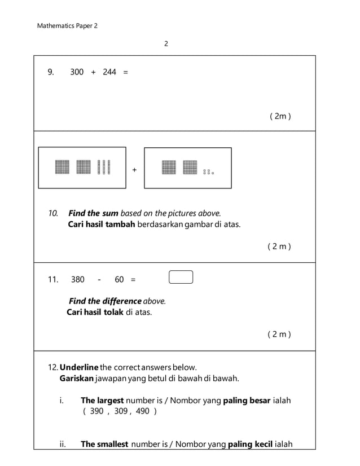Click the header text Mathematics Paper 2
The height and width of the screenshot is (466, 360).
click(x=67, y=26)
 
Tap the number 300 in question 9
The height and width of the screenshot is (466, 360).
click(x=77, y=72)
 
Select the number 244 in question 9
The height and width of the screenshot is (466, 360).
click(x=109, y=72)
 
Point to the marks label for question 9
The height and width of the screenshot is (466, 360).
click(x=280, y=117)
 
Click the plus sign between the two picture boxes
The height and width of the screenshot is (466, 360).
click(x=134, y=169)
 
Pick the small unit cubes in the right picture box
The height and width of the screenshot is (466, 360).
click(x=209, y=172)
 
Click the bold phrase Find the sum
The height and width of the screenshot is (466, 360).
click(x=93, y=213)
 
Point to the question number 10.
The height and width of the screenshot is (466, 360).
click(x=53, y=213)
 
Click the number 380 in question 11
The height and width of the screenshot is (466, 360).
click(x=78, y=279)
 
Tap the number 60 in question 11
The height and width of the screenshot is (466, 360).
click(x=119, y=279)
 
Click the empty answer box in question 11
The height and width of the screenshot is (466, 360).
click(x=181, y=277)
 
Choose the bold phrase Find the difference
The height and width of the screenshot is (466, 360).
click(x=105, y=301)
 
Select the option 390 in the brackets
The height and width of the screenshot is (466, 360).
click(x=96, y=411)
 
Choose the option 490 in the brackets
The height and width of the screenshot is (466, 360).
click(x=143, y=411)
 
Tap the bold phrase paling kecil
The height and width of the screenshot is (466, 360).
click(x=250, y=444)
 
